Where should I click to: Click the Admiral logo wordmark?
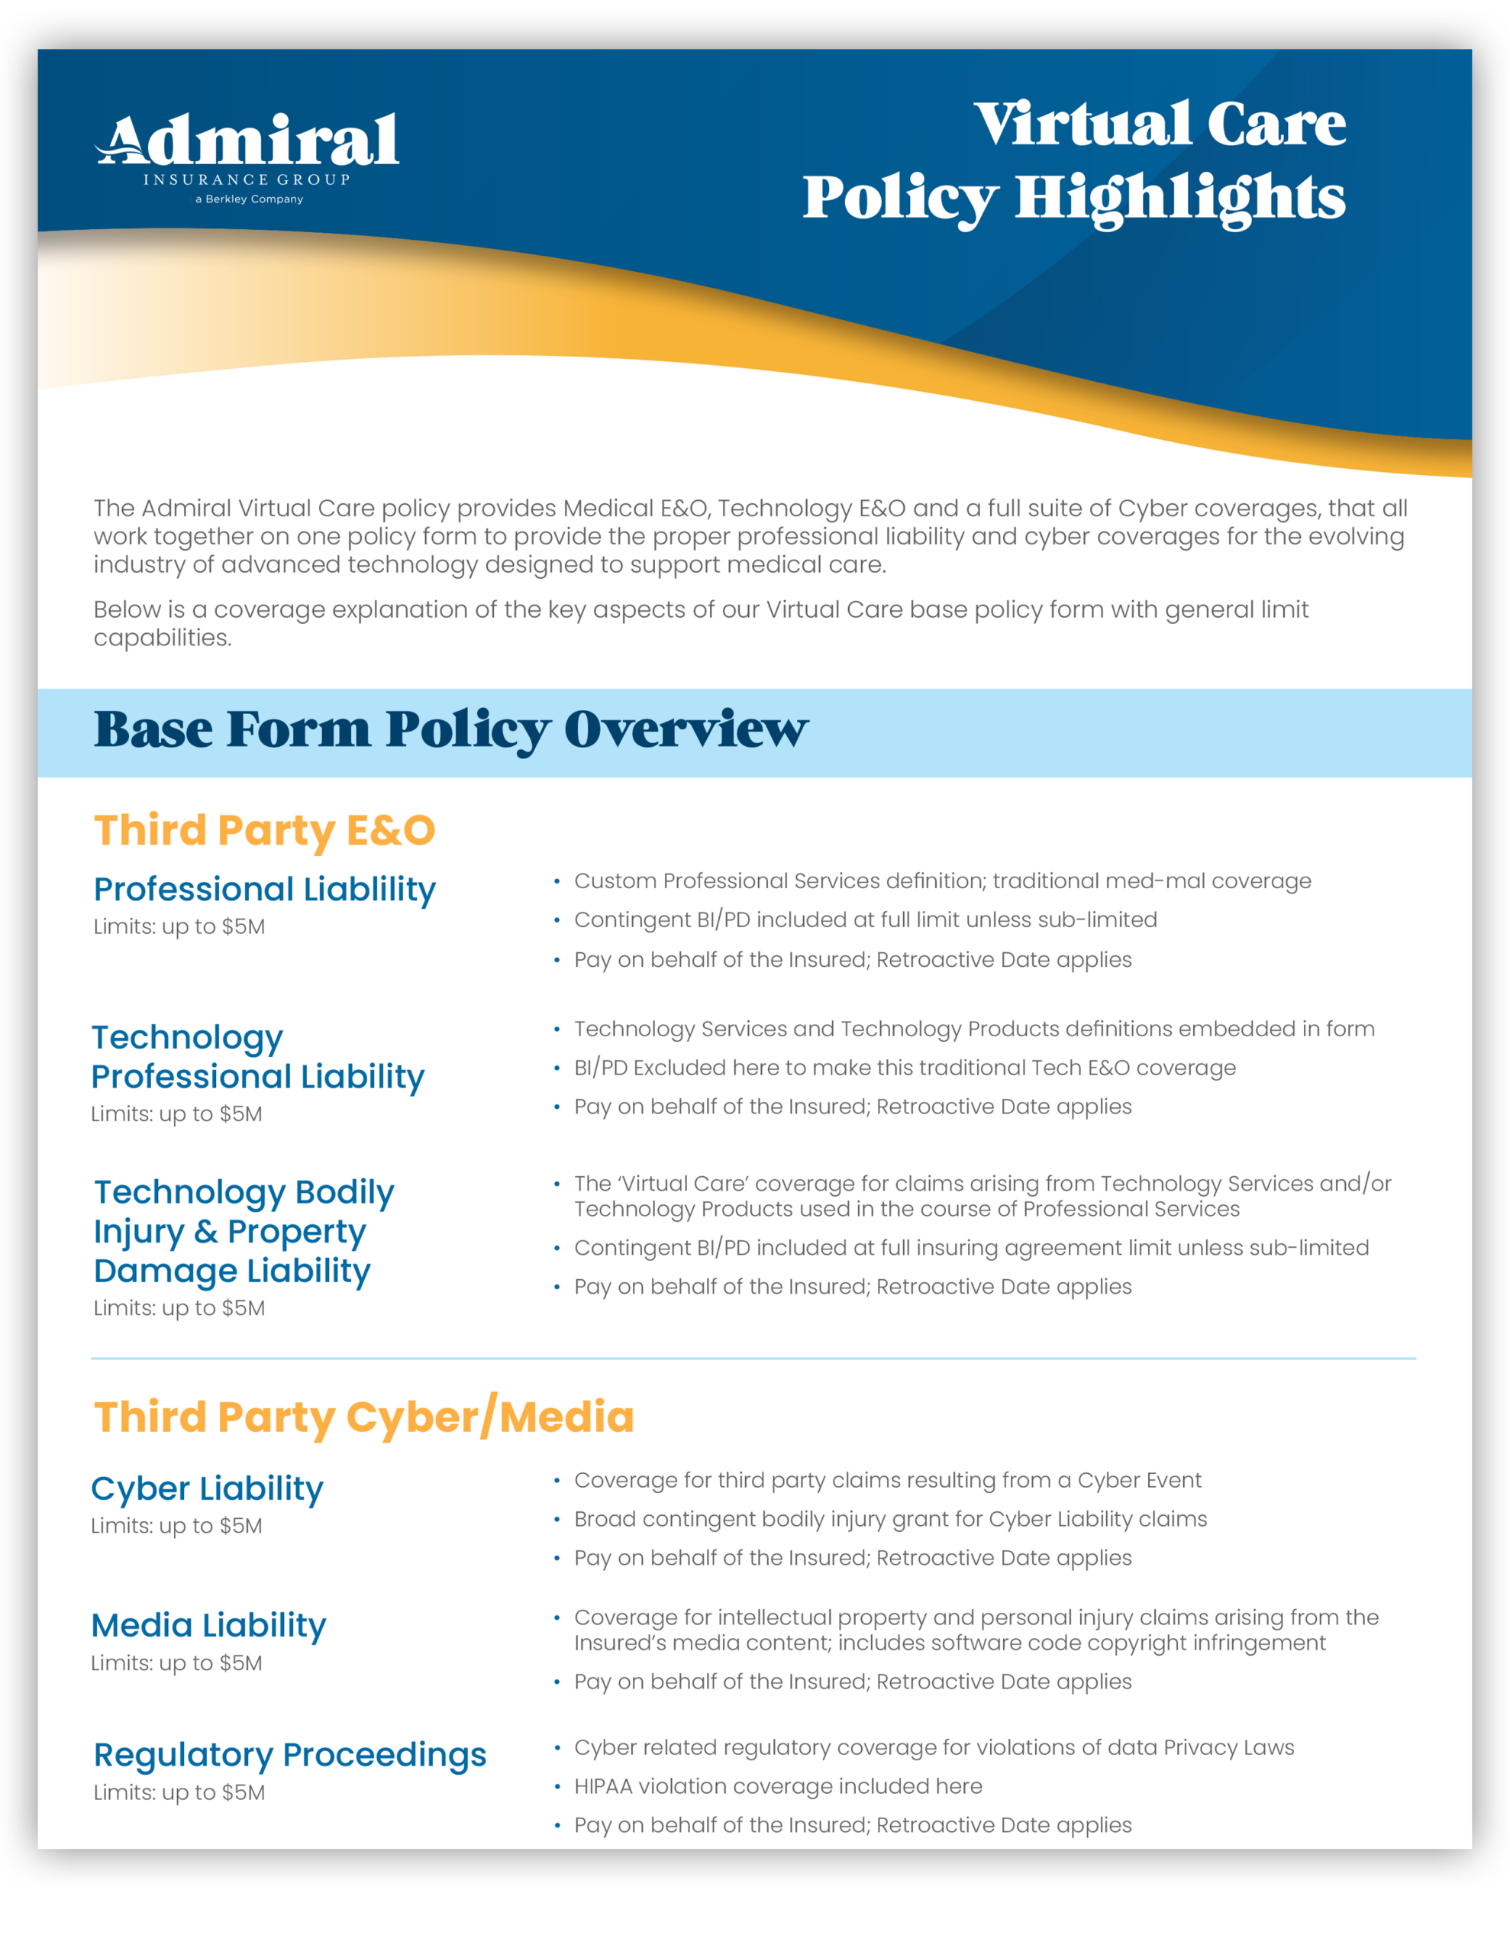248,141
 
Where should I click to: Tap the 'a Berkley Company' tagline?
249,199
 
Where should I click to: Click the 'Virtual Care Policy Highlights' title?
1074,161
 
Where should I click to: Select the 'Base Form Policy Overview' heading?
450,729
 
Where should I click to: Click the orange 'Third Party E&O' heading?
265,830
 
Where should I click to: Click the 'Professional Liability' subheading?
265,889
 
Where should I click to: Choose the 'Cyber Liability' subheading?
207,1488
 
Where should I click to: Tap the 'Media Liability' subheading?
208,1624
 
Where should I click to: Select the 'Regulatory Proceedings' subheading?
290,1754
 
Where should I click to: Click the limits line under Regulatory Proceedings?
179,1792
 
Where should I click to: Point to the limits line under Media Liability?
176,1663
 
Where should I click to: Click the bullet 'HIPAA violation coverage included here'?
778,1785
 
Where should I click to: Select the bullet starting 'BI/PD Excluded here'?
904,1067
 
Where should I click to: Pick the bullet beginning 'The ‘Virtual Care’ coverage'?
982,1196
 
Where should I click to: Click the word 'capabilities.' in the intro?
162,638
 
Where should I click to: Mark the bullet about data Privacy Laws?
934,1747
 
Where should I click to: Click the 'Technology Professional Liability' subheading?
258,1056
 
